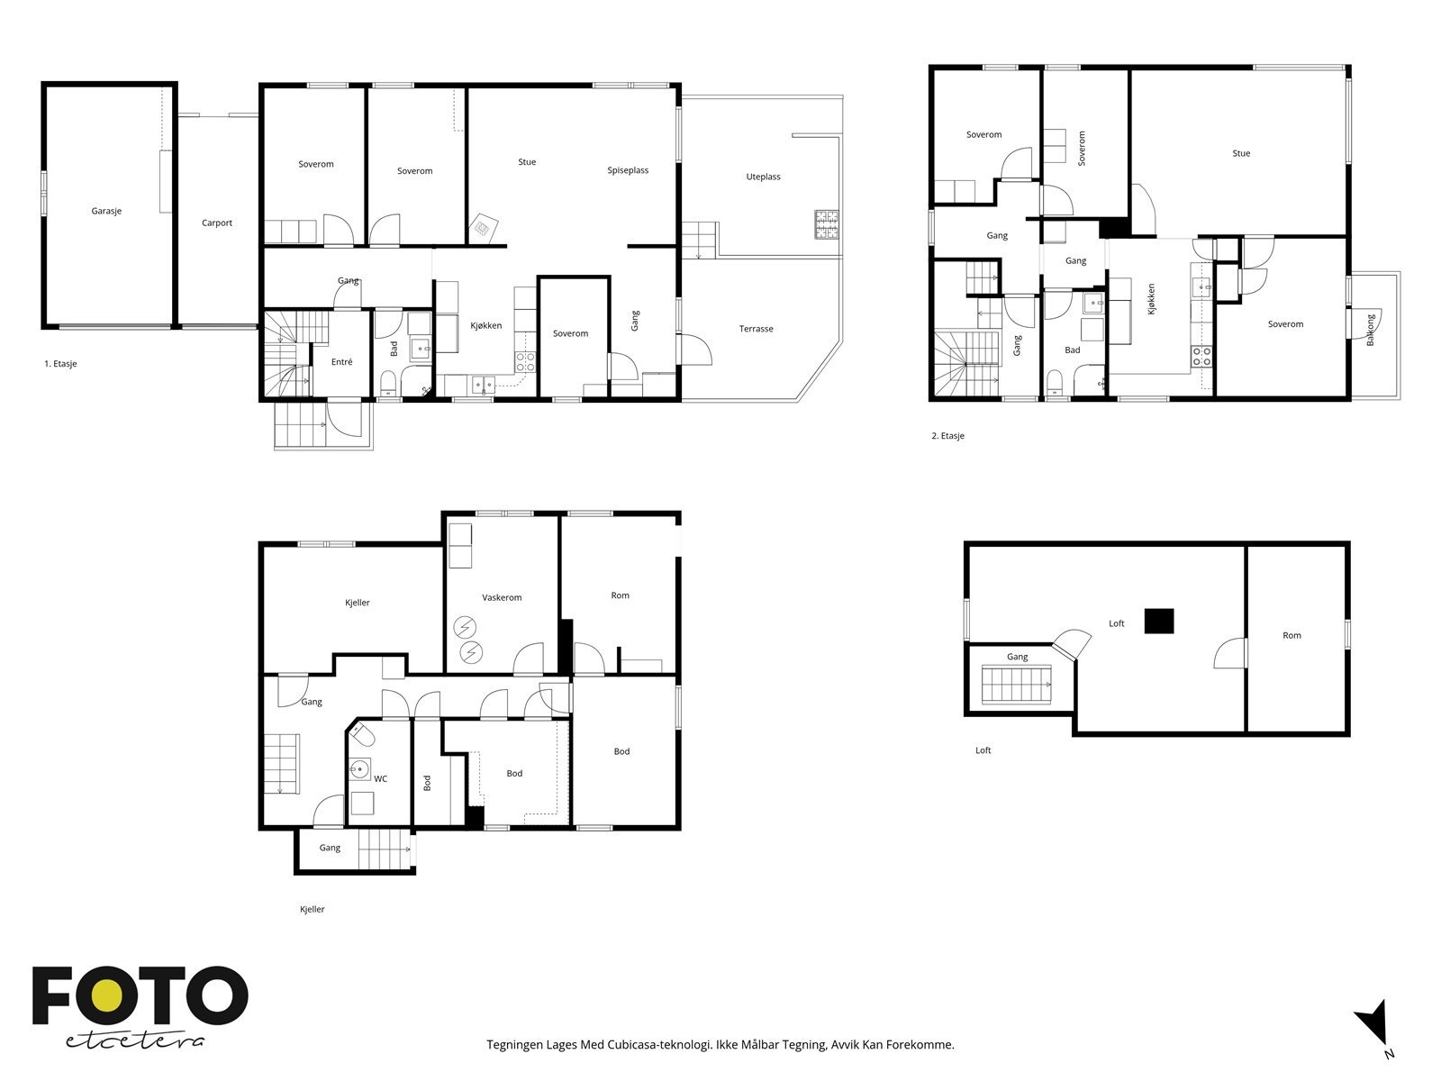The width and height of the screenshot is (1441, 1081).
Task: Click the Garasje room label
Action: [x=106, y=212]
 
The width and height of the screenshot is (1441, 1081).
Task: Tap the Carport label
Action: [x=217, y=223]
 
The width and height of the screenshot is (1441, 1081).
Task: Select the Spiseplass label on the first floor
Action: [x=628, y=170]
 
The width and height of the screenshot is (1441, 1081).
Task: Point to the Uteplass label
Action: [x=763, y=177]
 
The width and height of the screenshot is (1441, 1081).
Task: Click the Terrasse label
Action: [x=756, y=329]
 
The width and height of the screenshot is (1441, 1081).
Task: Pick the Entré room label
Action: [x=341, y=361]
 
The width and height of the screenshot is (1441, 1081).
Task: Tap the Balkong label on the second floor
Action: [x=1370, y=330]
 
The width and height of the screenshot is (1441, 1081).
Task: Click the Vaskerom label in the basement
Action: [x=502, y=598]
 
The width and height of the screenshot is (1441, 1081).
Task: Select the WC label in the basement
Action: [x=381, y=779]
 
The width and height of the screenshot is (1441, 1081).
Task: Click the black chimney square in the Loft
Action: [x=1159, y=621]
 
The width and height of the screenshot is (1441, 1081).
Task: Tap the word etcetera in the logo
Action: [x=134, y=1041]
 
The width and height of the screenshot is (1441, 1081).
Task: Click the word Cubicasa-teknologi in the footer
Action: [x=660, y=1045]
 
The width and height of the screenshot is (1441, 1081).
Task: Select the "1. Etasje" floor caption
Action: [x=60, y=364]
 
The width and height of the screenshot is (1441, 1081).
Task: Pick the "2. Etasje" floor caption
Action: [x=948, y=436]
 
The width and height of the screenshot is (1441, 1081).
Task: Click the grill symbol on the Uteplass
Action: [x=827, y=223]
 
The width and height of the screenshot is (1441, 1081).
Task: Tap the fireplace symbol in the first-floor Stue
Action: [x=483, y=229]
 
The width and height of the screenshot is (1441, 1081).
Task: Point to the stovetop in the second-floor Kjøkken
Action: [x=1202, y=357]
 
